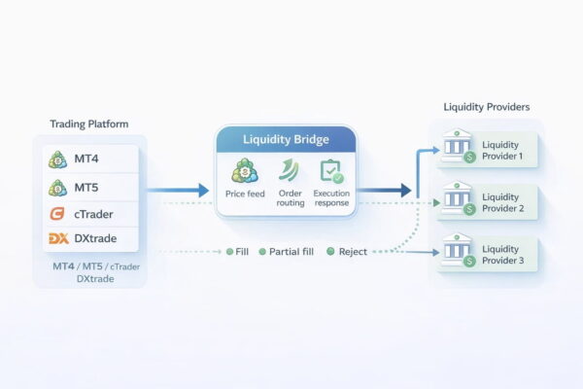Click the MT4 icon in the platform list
(x=57, y=159)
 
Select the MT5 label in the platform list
(x=85, y=187)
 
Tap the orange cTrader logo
(x=56, y=213)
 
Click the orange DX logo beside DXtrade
(x=56, y=239)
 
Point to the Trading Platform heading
(x=88, y=124)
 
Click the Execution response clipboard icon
(x=331, y=172)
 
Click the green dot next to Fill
(x=229, y=252)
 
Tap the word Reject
(x=353, y=252)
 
